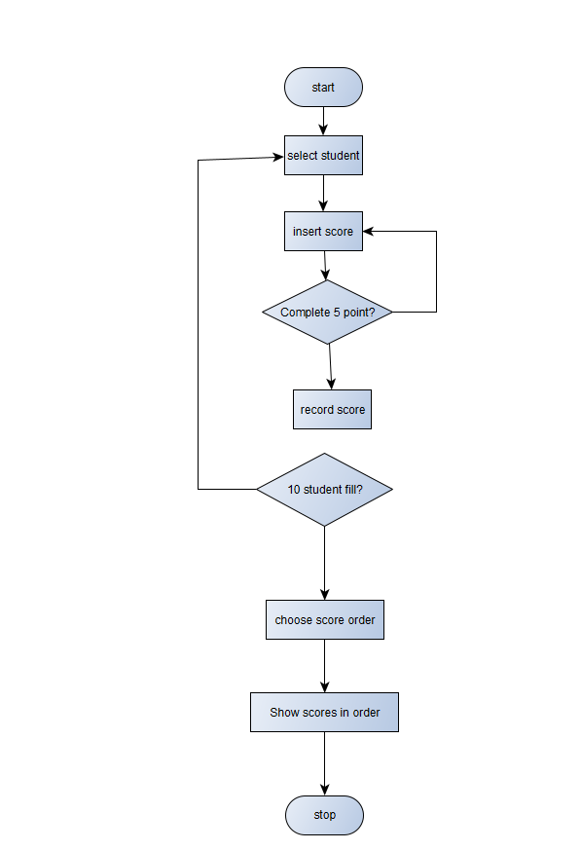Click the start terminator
(323, 88)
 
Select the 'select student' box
(323, 156)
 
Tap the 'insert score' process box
(323, 232)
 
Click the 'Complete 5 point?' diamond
(327, 313)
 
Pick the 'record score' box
(332, 410)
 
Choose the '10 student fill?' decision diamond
(325, 490)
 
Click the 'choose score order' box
(325, 619)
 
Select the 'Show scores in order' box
(324, 713)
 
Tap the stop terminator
(324, 815)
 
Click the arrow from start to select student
(323, 121)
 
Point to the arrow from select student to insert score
(323, 193)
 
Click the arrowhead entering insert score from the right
(368, 232)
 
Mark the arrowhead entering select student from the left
(278, 157)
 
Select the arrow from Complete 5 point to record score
(331, 367)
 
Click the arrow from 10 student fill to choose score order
(325, 563)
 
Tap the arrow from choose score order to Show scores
(325, 666)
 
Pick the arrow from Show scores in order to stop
(325, 763)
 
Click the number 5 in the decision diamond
(337, 313)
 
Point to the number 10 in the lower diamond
(294, 490)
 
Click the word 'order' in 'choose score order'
(361, 619)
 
